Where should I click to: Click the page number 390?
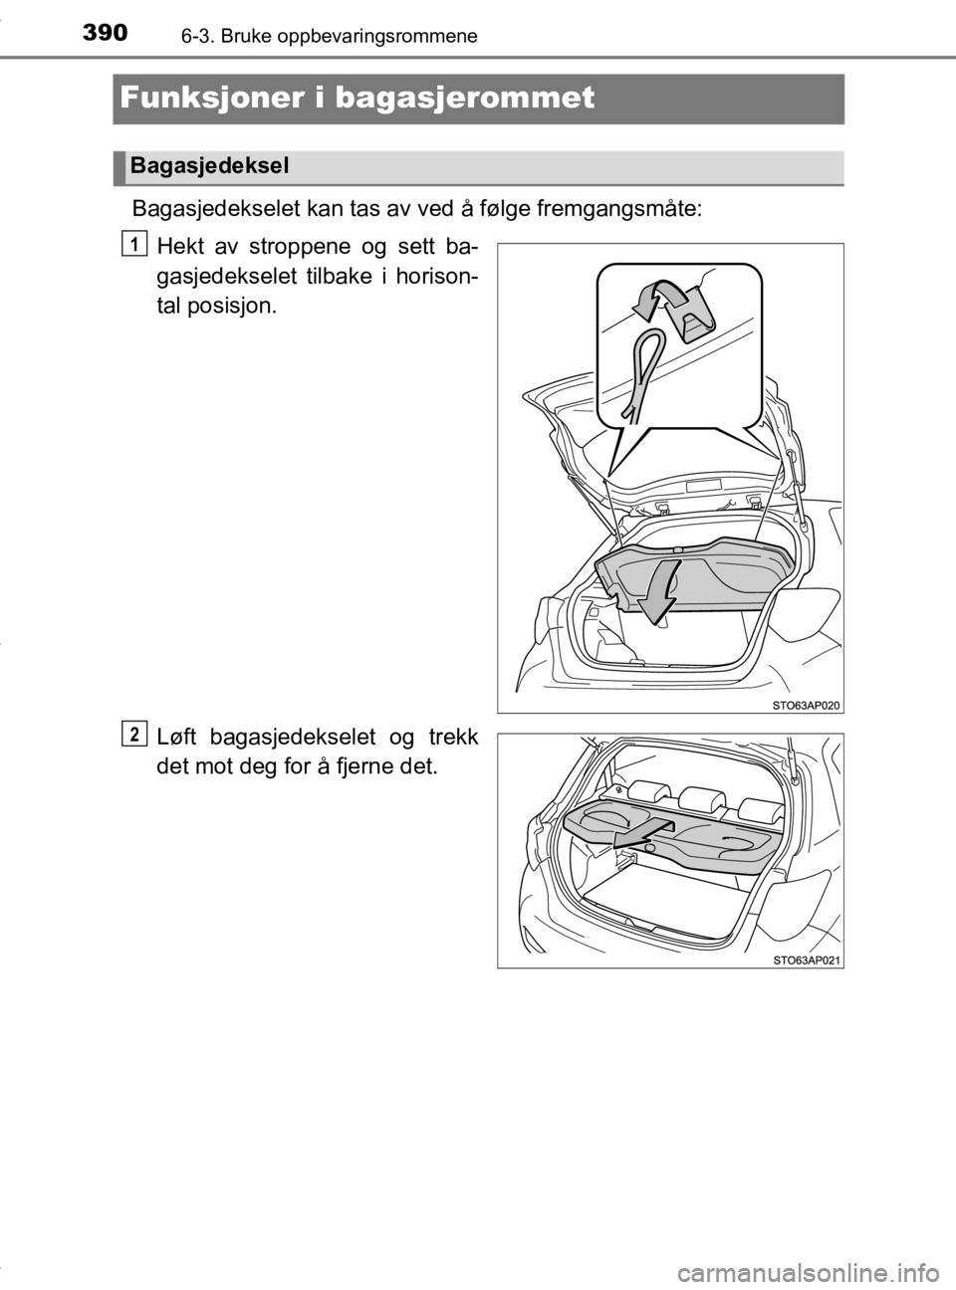(106, 33)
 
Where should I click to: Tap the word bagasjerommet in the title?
(465, 99)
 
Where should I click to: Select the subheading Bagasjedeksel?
(209, 166)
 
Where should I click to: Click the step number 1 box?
(135, 244)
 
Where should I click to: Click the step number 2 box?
(135, 734)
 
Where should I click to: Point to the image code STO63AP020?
(807, 706)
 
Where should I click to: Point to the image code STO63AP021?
(807, 961)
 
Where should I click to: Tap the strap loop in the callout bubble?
(644, 370)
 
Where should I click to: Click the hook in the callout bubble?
(691, 319)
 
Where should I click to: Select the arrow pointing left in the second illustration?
(643, 833)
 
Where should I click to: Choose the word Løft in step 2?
(178, 737)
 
